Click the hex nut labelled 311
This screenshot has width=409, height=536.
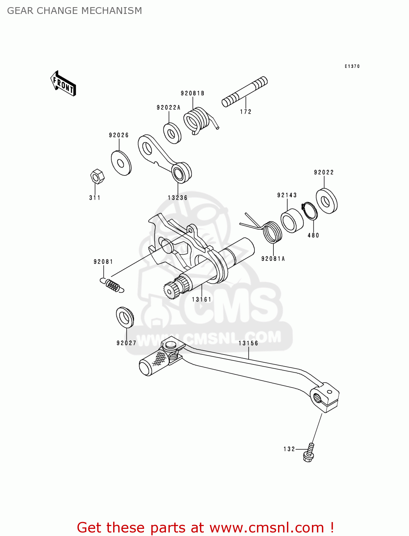coord(97,176)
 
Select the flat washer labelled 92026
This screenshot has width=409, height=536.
coord(121,163)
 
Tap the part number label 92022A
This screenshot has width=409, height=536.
coord(168,108)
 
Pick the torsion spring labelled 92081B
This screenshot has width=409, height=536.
coord(197,121)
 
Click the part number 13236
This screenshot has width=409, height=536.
coord(177,198)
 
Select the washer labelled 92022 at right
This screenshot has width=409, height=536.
coord(327,201)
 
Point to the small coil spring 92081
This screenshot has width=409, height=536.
coord(112,285)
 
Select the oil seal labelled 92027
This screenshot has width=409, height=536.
coord(125,317)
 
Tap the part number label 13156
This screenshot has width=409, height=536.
coord(248,343)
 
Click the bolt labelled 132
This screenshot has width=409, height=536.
coord(309,452)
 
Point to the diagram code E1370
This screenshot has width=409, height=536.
coord(352,66)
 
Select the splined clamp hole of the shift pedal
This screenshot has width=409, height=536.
coord(318,397)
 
